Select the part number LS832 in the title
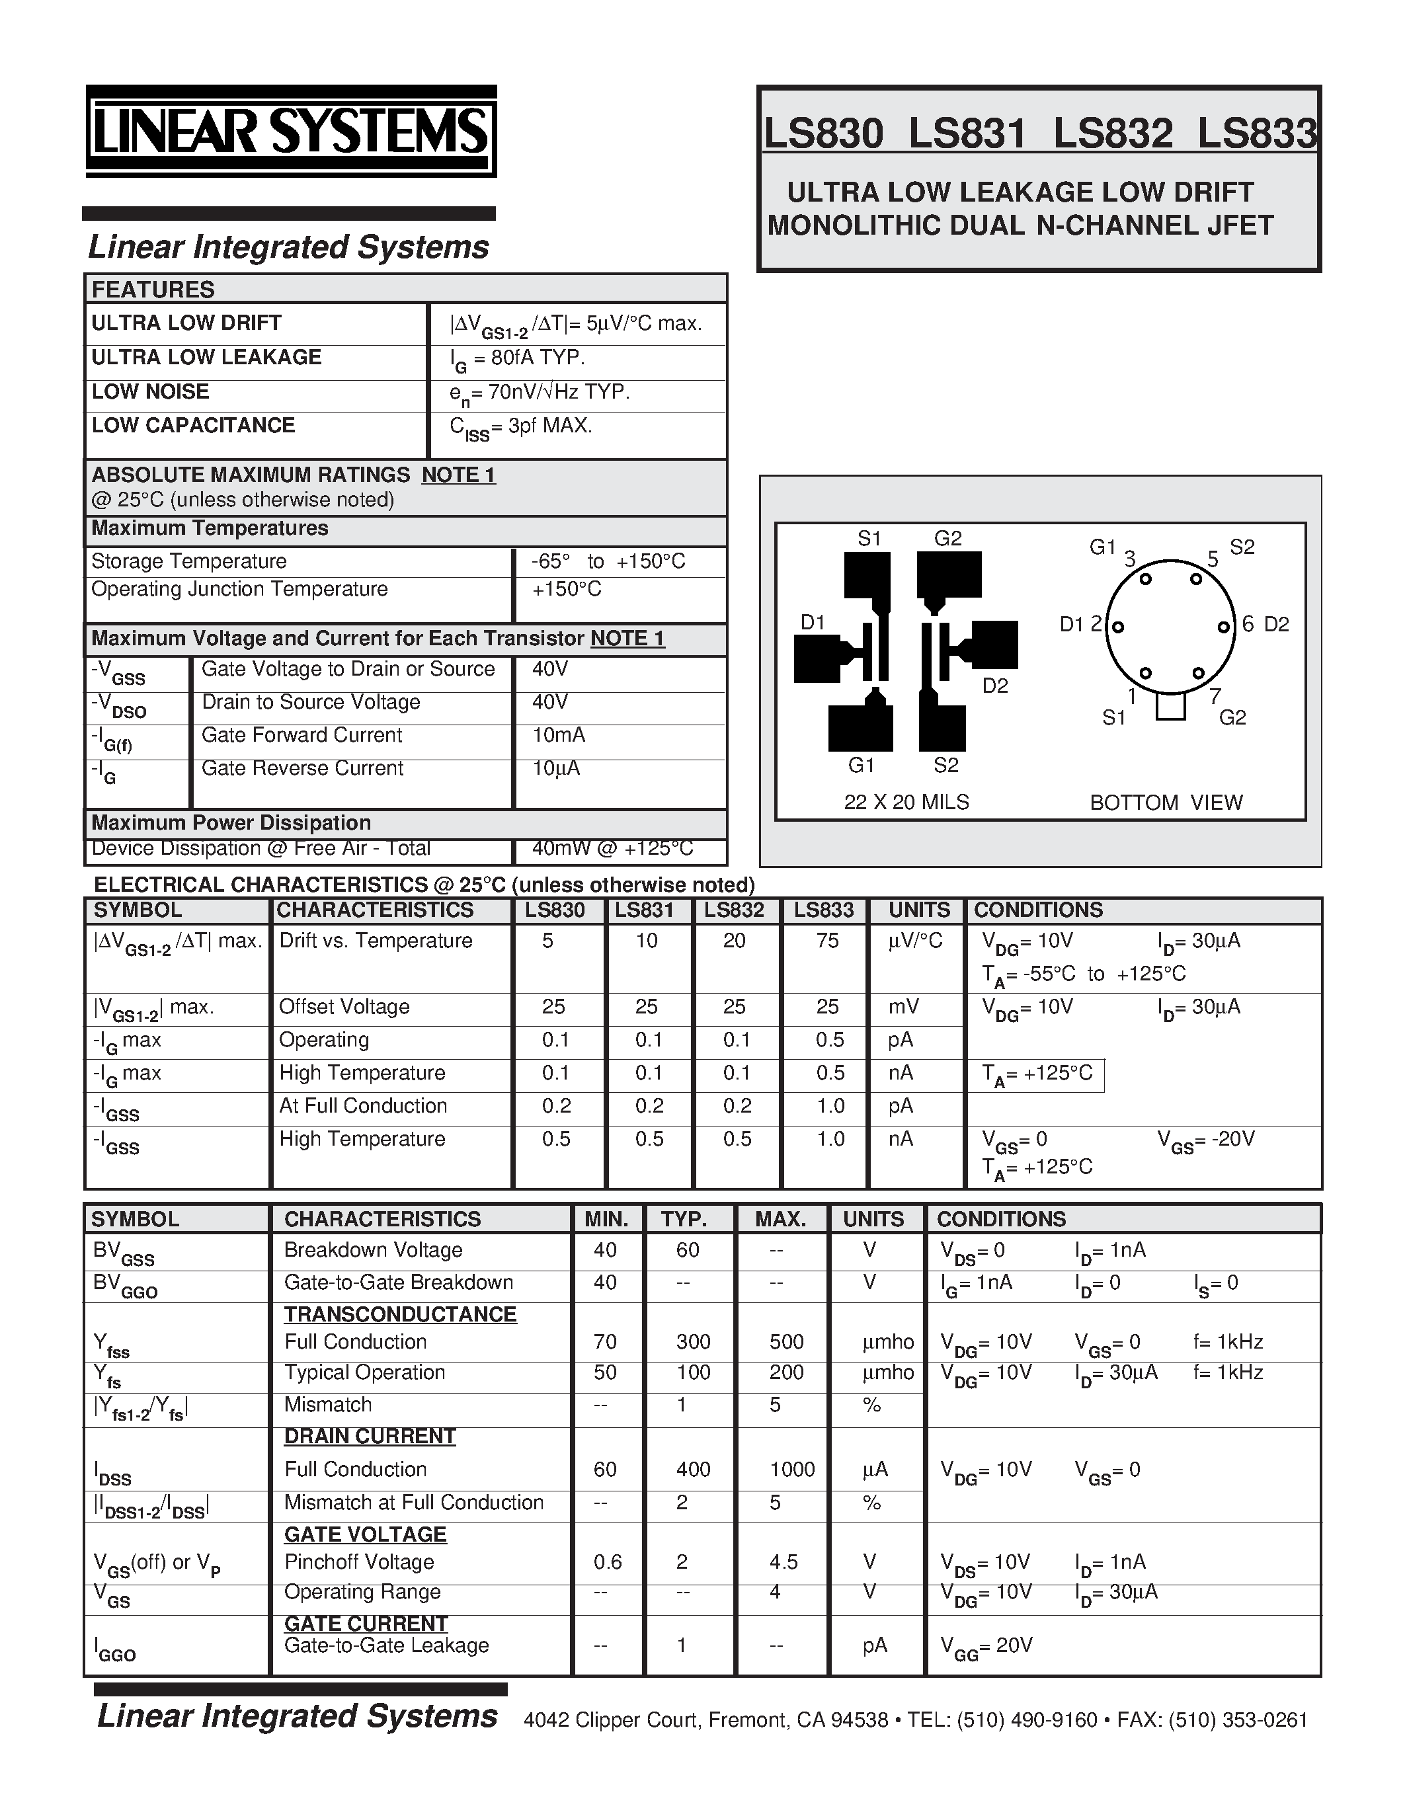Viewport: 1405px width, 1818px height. click(x=1113, y=134)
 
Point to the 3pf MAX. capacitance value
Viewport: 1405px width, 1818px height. click(x=521, y=427)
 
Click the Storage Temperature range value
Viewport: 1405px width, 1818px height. click(x=608, y=561)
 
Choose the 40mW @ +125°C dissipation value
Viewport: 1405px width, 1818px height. click(x=613, y=848)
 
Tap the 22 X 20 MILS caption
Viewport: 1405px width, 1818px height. click(x=906, y=803)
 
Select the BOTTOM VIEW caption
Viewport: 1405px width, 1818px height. click(x=1166, y=803)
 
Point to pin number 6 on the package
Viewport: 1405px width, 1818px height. click(x=1248, y=623)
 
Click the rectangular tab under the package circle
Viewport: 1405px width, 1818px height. click(x=1170, y=706)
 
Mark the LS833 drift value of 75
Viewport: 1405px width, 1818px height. click(x=827, y=941)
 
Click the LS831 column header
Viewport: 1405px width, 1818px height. click(x=644, y=910)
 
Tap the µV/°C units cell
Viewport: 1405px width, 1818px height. click(x=916, y=941)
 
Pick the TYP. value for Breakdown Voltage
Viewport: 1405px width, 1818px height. click(x=688, y=1250)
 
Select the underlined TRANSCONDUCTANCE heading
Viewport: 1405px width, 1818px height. click(x=401, y=1314)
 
